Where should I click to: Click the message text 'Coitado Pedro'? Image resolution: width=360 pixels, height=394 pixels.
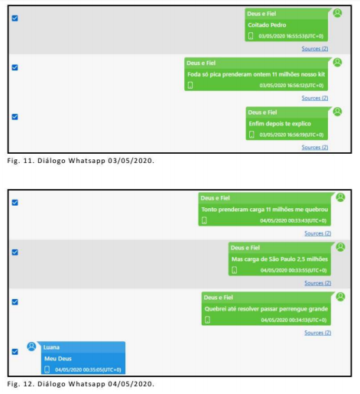[x=267, y=25]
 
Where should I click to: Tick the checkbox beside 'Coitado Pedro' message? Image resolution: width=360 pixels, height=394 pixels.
[x=15, y=18]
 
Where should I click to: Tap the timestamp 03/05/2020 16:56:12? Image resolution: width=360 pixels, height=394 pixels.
[x=291, y=86]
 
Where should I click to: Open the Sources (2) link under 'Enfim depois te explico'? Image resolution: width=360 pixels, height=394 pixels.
[x=315, y=147]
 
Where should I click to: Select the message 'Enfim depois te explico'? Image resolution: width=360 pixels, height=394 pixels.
[x=280, y=124]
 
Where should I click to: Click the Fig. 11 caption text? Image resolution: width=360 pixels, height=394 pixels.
[x=80, y=161]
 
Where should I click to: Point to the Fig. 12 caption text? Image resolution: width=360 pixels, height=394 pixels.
[x=80, y=384]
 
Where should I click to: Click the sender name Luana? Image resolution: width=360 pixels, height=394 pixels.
[x=51, y=347]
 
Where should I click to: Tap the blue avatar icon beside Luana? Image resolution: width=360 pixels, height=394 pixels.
[x=31, y=347]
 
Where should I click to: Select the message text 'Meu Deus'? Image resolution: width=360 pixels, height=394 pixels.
[x=58, y=359]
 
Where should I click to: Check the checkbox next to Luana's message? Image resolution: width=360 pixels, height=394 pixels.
[x=15, y=352]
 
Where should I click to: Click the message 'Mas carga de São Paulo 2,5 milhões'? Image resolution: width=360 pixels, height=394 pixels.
[x=280, y=259]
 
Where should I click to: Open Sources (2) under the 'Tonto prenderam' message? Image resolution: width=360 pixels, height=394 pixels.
[x=318, y=233]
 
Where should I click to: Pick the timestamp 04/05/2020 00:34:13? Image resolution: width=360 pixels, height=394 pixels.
[x=294, y=320]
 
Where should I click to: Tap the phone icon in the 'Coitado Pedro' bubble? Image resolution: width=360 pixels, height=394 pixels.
[x=251, y=36]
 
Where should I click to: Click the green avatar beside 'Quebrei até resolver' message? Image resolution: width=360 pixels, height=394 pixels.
[x=340, y=297]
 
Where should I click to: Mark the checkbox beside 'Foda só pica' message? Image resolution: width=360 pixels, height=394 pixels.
[x=15, y=67]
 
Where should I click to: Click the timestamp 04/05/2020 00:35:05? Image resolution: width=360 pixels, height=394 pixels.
[x=88, y=370]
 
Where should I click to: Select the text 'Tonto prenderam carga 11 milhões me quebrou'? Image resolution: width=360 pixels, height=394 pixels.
[x=264, y=210]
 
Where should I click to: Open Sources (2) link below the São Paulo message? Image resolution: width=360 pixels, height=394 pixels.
[x=318, y=283]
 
